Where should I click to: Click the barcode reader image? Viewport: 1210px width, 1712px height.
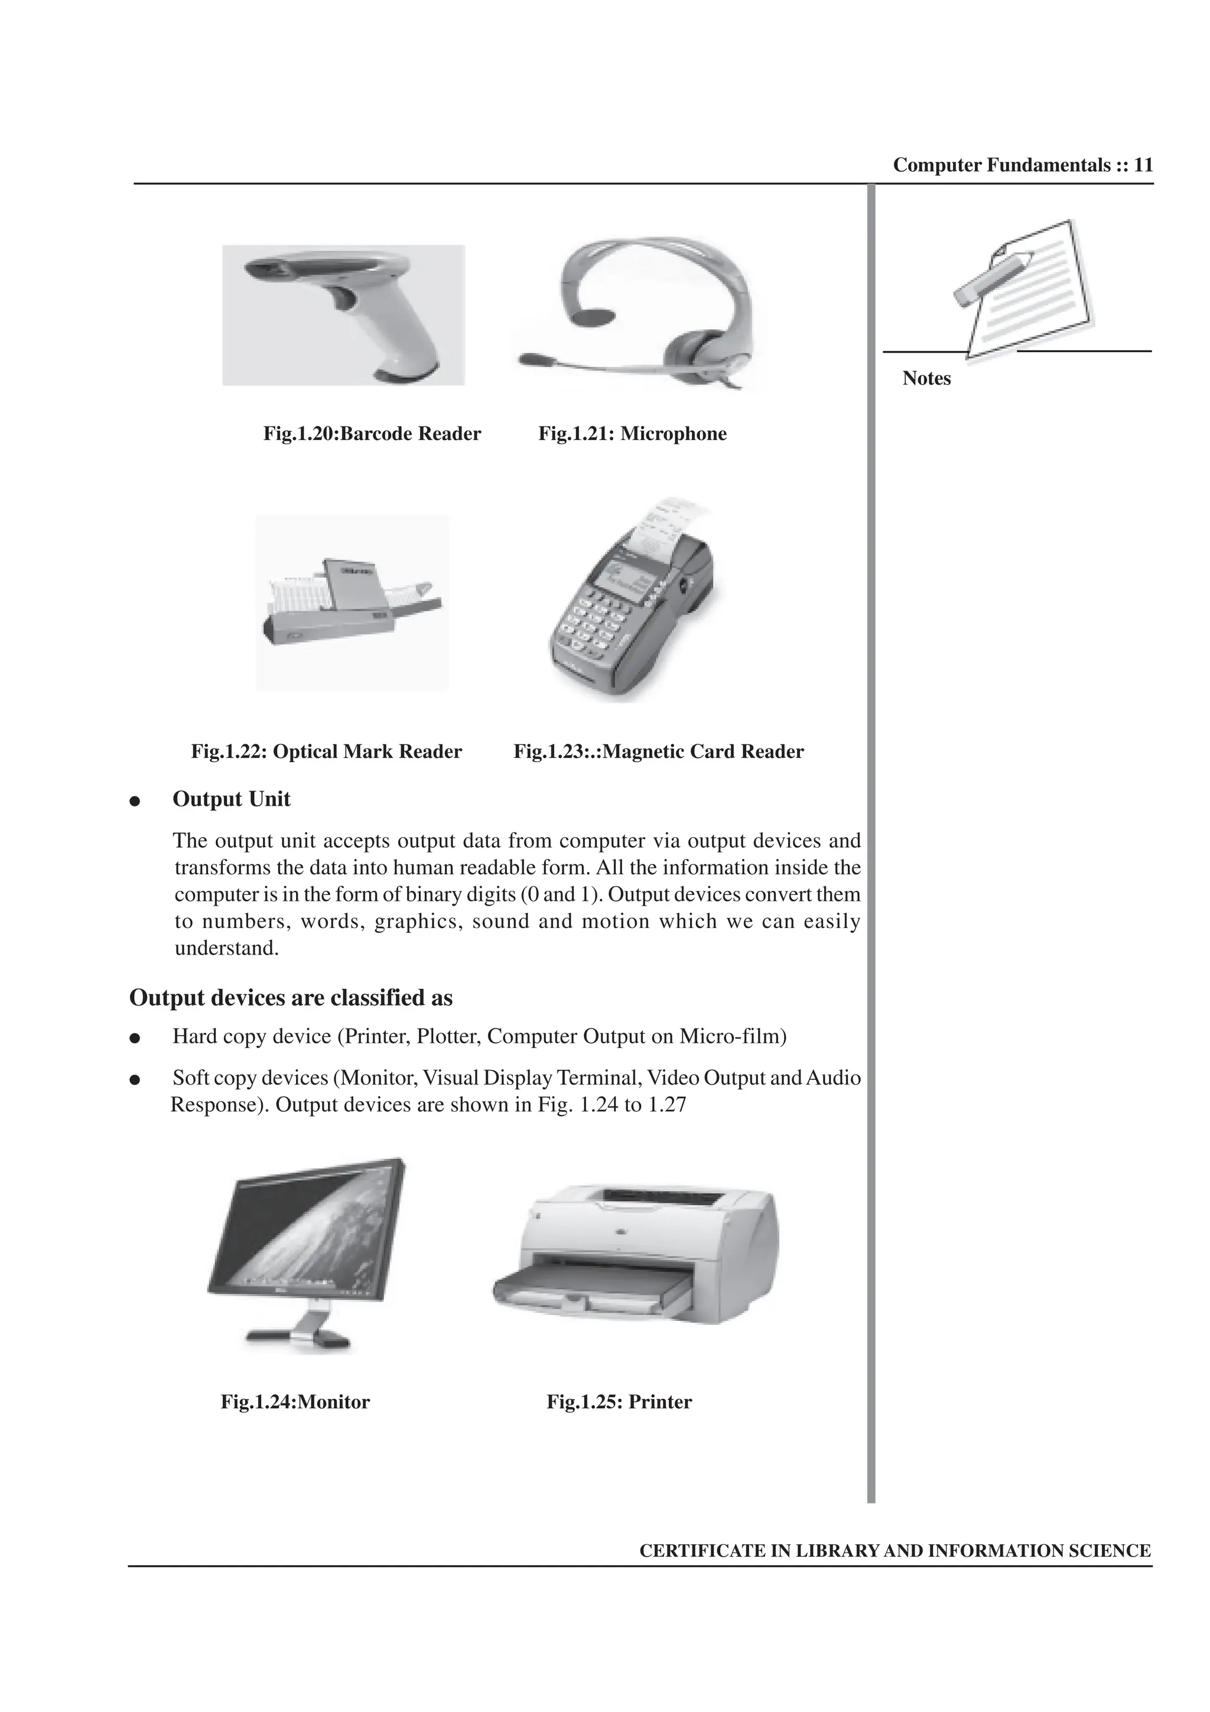pyautogui.click(x=343, y=315)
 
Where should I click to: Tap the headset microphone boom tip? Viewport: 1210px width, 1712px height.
pyautogui.click(x=530, y=359)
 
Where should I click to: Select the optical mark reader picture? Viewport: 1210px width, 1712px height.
pyautogui.click(x=352, y=603)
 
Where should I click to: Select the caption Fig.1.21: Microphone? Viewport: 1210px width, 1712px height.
pyautogui.click(x=632, y=434)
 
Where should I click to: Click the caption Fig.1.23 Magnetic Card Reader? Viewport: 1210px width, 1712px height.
pyautogui.click(x=658, y=751)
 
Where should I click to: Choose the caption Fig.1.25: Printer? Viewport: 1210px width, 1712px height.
pyautogui.click(x=619, y=1402)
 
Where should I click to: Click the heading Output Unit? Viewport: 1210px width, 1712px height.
pyautogui.click(x=231, y=799)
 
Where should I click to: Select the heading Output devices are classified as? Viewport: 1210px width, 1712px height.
pyautogui.click(x=291, y=998)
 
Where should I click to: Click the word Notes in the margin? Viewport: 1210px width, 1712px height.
pyautogui.click(x=926, y=379)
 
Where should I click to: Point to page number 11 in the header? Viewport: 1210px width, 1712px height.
pyautogui.click(x=1143, y=165)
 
